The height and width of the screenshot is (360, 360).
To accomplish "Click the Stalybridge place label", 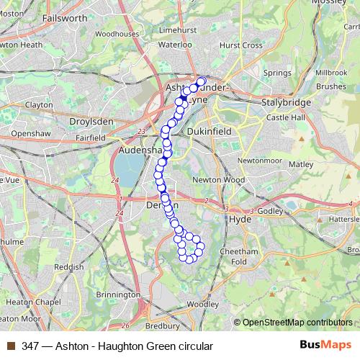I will [x=280, y=104].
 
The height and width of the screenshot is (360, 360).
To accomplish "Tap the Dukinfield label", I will [x=206, y=132].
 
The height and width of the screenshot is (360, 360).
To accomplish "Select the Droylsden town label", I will [x=91, y=122].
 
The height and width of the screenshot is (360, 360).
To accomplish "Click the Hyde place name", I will [x=238, y=219].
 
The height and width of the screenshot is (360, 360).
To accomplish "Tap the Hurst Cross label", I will [x=240, y=44].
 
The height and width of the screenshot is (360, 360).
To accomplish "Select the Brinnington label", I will [x=117, y=295].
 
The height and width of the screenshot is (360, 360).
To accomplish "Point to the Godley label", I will [x=271, y=211].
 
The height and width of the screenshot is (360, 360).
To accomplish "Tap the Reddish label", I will [x=69, y=266].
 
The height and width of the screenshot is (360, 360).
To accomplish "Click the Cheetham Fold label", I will [x=243, y=256].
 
